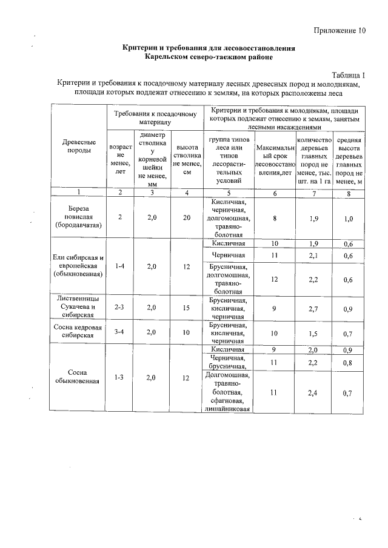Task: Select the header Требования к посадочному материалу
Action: [156, 117]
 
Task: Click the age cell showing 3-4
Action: [120, 332]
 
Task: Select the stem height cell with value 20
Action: [187, 218]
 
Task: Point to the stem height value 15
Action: [187, 307]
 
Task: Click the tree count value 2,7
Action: [313, 308]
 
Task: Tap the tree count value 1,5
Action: [313, 333]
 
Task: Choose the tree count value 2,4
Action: [313, 392]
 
